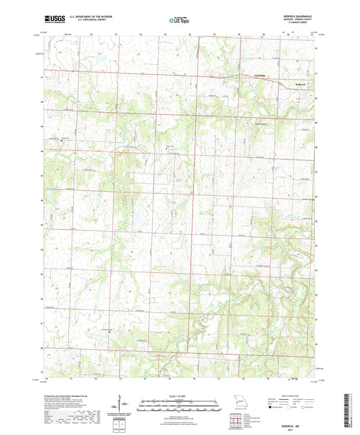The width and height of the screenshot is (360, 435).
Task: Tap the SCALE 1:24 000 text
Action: tap(180, 396)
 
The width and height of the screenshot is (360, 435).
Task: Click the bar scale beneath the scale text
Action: tap(180, 405)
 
